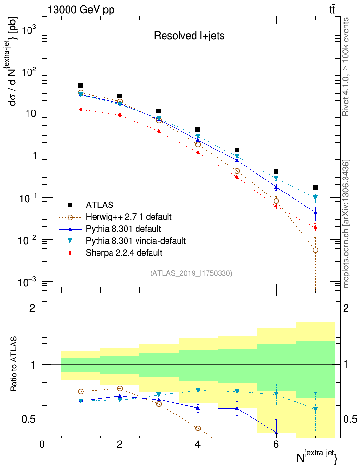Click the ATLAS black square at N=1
(x=81, y=86)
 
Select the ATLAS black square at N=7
(x=315, y=187)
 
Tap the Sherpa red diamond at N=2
(x=120, y=115)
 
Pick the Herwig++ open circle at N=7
(x=315, y=250)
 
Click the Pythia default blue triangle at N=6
(x=276, y=187)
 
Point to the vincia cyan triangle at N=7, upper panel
(x=315, y=197)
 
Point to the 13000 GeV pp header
(x=81, y=9)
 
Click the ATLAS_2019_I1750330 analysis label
(x=191, y=273)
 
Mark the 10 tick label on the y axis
(x=29, y=113)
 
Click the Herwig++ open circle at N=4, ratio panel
(x=198, y=428)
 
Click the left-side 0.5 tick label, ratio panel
(x=29, y=420)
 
